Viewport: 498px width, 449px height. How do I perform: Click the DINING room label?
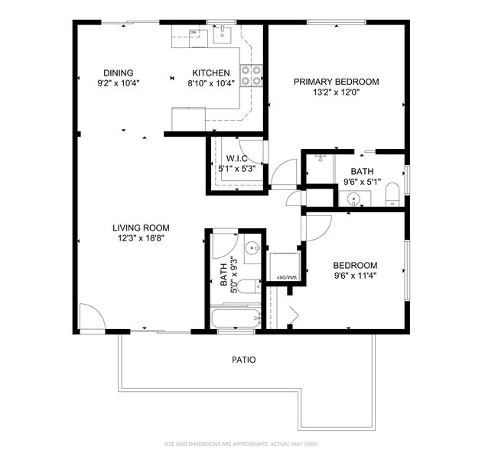pyautogui.click(x=118, y=73)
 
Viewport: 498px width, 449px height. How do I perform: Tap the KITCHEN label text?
pyautogui.click(x=210, y=73)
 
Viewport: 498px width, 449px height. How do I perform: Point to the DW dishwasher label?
pyautogui.click(x=194, y=33)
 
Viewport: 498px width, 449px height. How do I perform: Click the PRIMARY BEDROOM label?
pyautogui.click(x=337, y=82)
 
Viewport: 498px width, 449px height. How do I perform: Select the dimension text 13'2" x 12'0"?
pyautogui.click(x=337, y=92)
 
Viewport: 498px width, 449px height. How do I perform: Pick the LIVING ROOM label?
pyautogui.click(x=141, y=228)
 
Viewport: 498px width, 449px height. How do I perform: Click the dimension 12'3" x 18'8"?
pyautogui.click(x=141, y=237)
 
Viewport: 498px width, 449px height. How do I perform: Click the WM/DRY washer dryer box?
pyautogui.click(x=282, y=268)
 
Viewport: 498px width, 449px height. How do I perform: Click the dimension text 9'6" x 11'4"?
pyautogui.click(x=355, y=276)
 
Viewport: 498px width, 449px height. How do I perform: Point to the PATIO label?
pyautogui.click(x=244, y=359)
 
